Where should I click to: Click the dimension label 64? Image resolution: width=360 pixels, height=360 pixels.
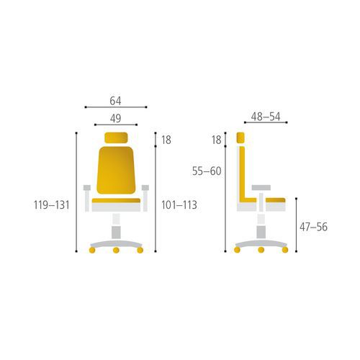pos(115,101)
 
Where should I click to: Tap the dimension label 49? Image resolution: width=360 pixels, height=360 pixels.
pos(116,119)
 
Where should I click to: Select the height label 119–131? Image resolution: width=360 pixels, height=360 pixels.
pos(52,205)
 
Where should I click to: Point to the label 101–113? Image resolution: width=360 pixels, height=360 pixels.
pos(179,205)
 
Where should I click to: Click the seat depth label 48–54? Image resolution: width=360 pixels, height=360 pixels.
pos(266,117)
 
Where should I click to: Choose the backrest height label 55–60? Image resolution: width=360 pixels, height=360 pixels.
pos(207,171)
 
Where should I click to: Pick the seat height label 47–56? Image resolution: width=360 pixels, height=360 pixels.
pos(313,227)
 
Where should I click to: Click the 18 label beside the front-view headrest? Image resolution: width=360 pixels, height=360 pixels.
pos(166,140)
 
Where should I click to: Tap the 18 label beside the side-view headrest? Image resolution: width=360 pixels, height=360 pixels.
pos(217,140)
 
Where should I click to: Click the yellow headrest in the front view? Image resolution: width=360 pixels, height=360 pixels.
pos(116,138)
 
